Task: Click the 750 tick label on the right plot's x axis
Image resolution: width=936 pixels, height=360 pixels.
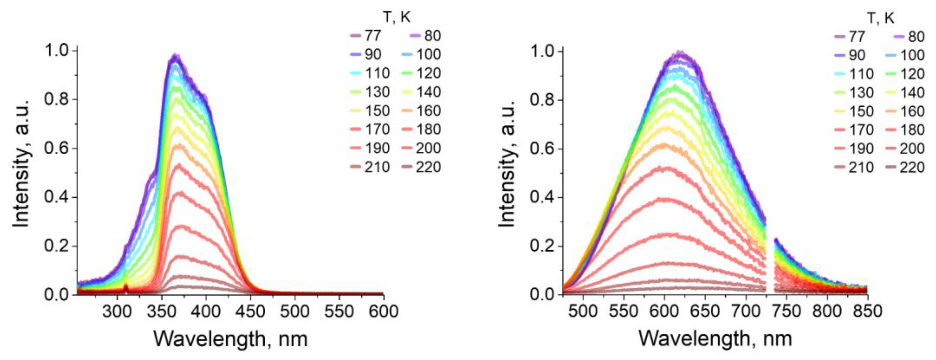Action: point(786,312)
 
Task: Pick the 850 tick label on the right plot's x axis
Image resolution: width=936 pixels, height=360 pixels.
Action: point(868,312)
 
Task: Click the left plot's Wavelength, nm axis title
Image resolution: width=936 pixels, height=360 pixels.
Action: point(230,339)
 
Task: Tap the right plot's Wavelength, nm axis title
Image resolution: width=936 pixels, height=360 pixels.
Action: point(715,339)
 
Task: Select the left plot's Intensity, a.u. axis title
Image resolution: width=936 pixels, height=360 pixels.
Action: point(21,171)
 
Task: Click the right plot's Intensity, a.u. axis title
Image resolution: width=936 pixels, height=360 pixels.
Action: point(507,171)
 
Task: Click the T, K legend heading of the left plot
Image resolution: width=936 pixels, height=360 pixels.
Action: point(397,17)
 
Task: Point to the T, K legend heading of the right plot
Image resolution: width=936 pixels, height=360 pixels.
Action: point(881,18)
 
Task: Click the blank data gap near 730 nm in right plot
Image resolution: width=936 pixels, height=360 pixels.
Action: point(770,269)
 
